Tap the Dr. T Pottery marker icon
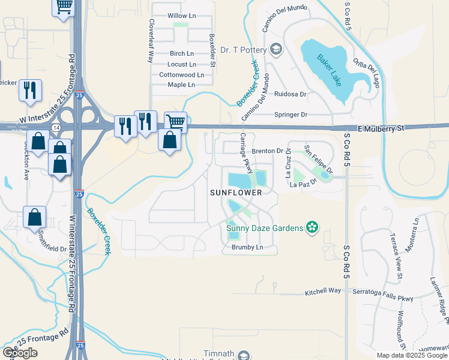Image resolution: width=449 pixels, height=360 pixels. (x=276, y=49)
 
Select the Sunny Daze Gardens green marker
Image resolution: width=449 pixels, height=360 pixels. (x=312, y=227)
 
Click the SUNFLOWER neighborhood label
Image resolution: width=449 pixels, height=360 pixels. (x=236, y=193)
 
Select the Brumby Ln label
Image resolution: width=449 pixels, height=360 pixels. (x=247, y=247)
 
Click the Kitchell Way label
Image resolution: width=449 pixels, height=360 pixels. (x=323, y=290)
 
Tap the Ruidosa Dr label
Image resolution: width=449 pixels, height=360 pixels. (x=290, y=94)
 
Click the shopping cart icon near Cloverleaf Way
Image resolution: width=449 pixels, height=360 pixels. (x=175, y=122)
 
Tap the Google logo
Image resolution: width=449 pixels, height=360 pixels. (x=19, y=353)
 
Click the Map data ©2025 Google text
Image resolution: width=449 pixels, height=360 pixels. (x=412, y=355)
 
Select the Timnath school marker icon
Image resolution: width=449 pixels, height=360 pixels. (x=244, y=355)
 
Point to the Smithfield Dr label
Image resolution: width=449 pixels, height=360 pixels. (x=53, y=248)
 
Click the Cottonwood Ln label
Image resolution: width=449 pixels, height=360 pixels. (x=181, y=75)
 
